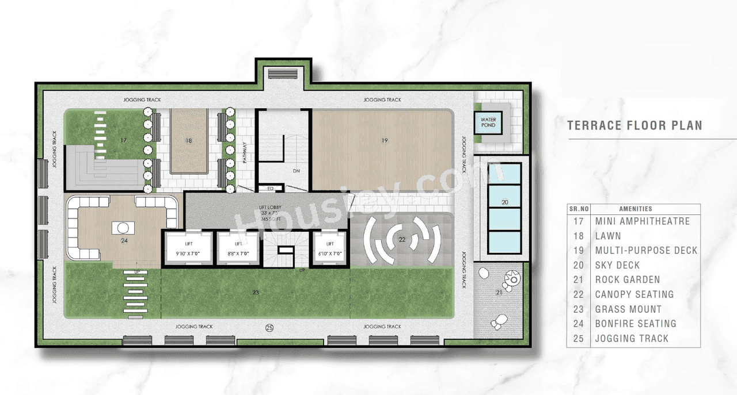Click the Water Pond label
pos(488,122)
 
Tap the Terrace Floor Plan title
pos(635,125)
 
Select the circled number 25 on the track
pos(269,328)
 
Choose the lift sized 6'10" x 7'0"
pos(329,249)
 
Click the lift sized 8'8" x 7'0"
pos(238,249)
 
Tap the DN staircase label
pos(297,171)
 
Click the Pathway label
pos(245,152)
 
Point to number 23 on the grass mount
pos(255,293)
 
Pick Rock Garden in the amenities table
pos(627,279)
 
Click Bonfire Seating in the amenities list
pos(636,324)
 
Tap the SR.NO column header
pos(579,209)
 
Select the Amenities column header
pos(636,209)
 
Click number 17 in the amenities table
pos(579,221)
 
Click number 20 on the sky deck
pos(504,202)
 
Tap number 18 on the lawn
pos(188,140)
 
